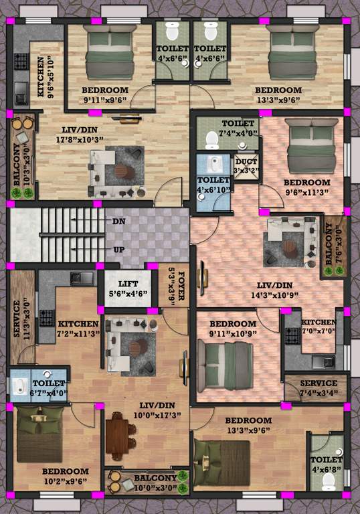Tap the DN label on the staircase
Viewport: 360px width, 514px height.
[118, 221]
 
